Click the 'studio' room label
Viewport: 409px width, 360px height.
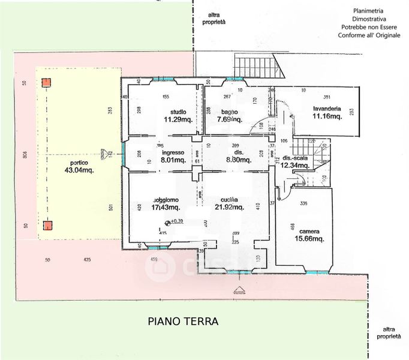click(x=178, y=112)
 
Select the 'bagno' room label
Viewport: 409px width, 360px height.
click(x=228, y=112)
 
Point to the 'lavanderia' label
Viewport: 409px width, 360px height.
click(x=327, y=109)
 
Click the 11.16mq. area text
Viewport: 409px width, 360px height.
click(x=327, y=116)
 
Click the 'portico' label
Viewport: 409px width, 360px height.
click(x=79, y=163)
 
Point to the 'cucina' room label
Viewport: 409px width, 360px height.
click(x=230, y=200)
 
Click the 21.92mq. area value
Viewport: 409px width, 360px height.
click(x=230, y=208)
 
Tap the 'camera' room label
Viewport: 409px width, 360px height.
click(x=310, y=231)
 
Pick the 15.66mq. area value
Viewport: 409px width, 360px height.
click(x=310, y=239)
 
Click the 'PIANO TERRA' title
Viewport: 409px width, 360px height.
click(x=184, y=322)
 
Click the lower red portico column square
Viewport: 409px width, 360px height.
click(x=46, y=226)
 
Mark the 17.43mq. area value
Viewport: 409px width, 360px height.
click(x=166, y=208)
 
